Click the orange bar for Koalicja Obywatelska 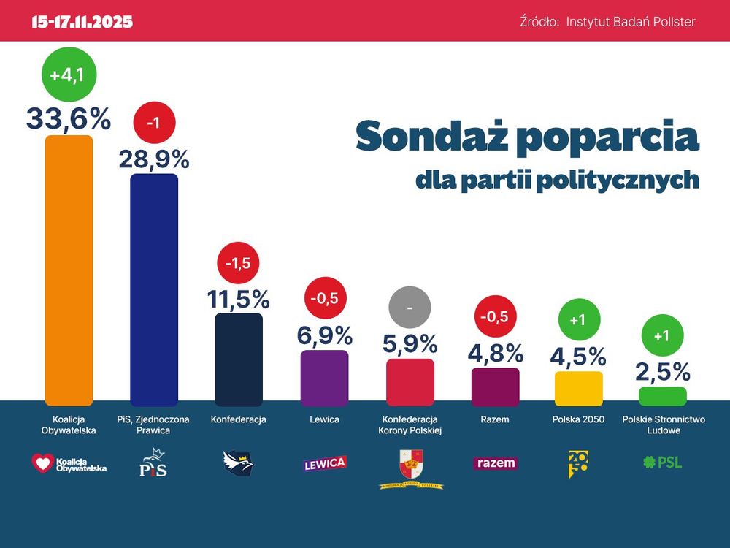69,270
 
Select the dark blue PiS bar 154,289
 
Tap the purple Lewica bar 324,378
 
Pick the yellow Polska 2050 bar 579,389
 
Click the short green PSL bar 663,396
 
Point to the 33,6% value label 69,118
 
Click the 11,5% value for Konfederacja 239,299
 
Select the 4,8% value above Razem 496,354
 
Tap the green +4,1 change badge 69,75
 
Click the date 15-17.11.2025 82,22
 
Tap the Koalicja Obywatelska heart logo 44,463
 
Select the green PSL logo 662,462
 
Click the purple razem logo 496,463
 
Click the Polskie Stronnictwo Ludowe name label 663,425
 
